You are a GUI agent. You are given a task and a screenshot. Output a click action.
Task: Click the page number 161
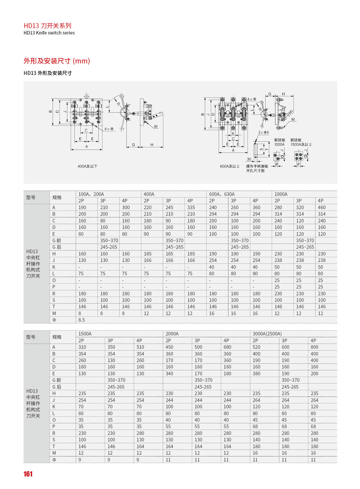point(28,474)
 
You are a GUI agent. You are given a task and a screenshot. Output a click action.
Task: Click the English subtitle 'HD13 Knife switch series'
point(49,33)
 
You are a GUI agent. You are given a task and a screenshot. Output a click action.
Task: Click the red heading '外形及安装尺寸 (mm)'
point(57,61)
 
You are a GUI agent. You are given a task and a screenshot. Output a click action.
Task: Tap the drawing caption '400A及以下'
point(87,166)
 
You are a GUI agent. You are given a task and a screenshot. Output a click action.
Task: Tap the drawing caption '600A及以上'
point(230,166)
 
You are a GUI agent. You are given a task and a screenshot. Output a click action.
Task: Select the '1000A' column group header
point(281,194)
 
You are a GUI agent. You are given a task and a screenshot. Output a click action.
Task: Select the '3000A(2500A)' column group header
point(267,334)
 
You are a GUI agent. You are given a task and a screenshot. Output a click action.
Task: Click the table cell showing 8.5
point(82,320)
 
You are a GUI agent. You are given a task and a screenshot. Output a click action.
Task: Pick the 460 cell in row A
point(321,207)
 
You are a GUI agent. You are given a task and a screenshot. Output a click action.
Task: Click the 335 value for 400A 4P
point(191,207)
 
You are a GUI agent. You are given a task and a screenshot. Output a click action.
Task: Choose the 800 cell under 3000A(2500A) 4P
point(314,347)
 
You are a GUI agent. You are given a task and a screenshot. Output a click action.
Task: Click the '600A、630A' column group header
point(222,194)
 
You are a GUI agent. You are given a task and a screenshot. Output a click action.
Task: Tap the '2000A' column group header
point(172,334)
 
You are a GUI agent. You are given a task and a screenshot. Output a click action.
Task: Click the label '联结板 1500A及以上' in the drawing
point(301,142)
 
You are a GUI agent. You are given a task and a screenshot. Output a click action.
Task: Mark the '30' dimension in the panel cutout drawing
point(249,159)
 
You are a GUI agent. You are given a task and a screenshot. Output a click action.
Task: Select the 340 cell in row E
point(169,373)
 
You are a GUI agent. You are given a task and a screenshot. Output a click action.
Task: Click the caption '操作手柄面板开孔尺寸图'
point(257,169)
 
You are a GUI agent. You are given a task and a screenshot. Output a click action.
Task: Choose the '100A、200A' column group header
point(91,194)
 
